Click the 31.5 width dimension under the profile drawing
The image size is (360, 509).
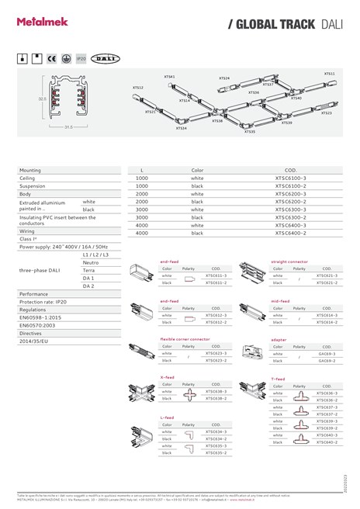pos(68,126)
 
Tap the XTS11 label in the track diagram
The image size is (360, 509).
pos(330,73)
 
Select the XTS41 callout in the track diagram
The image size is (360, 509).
pos(169,77)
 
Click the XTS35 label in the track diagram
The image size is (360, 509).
pos(249,132)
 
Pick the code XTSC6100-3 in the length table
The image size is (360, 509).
pos(291,178)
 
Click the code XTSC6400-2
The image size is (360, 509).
pos(291,233)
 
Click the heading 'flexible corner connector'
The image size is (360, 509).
pos(184,339)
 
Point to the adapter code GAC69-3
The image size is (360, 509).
pos(327,353)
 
